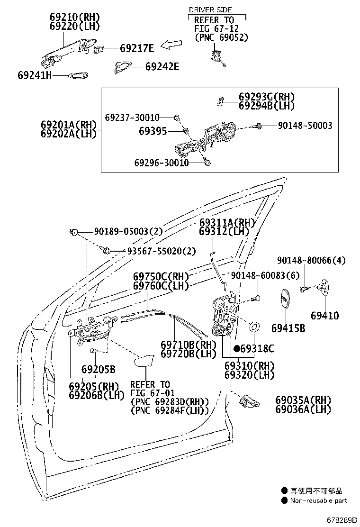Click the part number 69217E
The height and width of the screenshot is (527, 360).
tap(137, 48)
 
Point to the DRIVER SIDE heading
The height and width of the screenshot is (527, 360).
tap(210, 9)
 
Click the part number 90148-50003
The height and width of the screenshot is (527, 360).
tap(305, 126)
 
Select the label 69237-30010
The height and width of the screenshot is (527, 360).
tap(132, 117)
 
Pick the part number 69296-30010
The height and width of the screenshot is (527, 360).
tap(161, 163)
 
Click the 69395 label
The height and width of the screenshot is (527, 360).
tap(153, 131)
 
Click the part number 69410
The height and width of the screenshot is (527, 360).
tap(325, 315)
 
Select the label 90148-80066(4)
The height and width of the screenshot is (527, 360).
tap(311, 260)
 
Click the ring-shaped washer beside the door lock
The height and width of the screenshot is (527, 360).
tap(254, 327)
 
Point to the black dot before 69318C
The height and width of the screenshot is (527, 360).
tap(236, 348)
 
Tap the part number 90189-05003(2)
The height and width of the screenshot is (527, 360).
tap(128, 231)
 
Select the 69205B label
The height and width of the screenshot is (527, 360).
tap(98, 369)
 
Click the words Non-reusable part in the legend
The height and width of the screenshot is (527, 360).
tap(318, 500)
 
